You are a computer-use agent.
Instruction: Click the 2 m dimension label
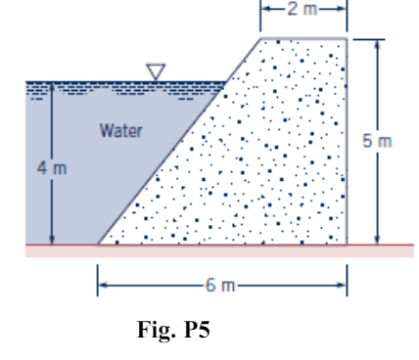point(304,10)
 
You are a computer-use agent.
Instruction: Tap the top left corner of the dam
point(261,38)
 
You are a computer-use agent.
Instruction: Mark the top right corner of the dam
point(348,38)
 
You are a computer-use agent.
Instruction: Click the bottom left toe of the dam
point(97,244)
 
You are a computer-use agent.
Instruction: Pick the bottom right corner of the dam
point(348,244)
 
